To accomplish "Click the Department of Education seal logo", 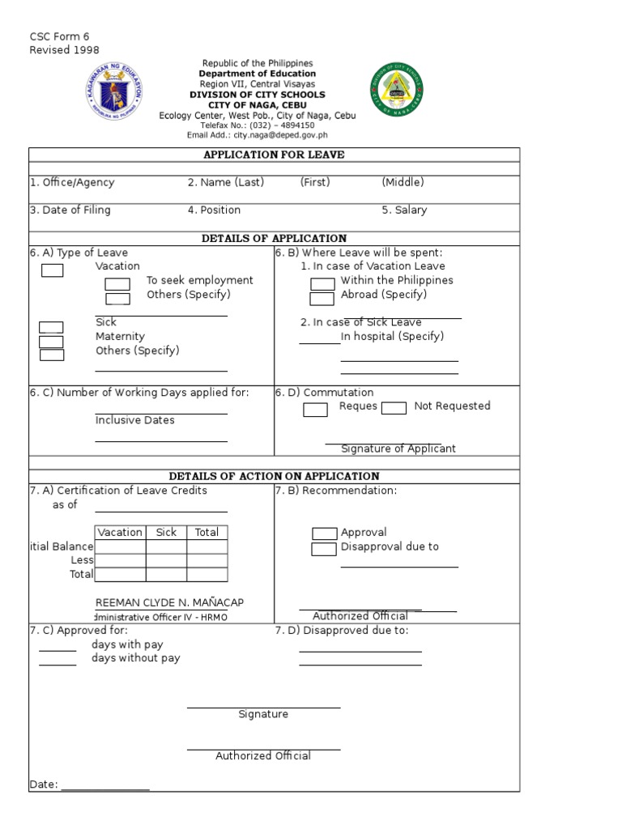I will point(113,94).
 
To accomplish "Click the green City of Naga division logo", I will point(397,91).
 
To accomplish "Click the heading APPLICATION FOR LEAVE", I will point(274,155).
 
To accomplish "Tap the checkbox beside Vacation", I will point(52,270).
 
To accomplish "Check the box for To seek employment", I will point(117,283).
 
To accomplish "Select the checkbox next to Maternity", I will point(52,341).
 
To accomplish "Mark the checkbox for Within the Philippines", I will point(322,283).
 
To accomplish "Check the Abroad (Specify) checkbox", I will point(322,298).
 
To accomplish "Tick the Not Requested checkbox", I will point(394,408).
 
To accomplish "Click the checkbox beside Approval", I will point(324,534).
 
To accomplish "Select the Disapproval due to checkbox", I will point(324,550).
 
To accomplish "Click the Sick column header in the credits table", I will point(166,532).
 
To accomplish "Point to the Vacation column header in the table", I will point(120,532).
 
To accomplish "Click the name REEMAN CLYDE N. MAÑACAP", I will point(169,602).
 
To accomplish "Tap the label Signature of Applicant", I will point(398,449).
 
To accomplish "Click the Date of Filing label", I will point(70,210).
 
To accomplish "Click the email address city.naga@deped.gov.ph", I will point(257,135).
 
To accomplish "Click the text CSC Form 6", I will point(59,36).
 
